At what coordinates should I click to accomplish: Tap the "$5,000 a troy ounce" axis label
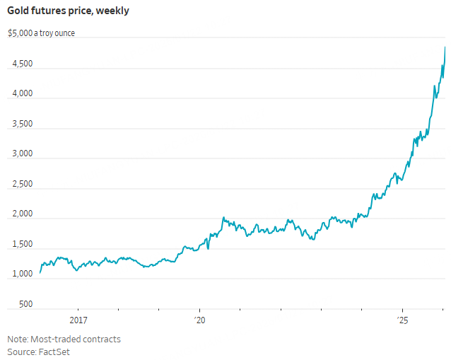pyautogui.click(x=41, y=33)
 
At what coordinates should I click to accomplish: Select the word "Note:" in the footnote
pyautogui.click(x=18, y=339)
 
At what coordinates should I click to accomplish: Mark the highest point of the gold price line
pyautogui.click(x=445, y=47)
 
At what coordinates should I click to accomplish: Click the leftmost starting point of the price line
pyautogui.click(x=40, y=272)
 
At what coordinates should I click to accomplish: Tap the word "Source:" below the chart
pyautogui.click(x=21, y=352)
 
